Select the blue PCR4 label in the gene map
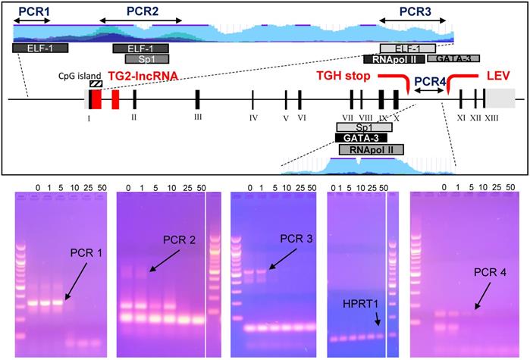[x=429, y=80]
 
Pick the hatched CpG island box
[x=96, y=84]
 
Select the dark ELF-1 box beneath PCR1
[x=40, y=48]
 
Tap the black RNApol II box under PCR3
[x=394, y=59]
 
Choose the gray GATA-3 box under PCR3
[x=453, y=58]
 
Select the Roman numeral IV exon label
[x=253, y=117]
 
